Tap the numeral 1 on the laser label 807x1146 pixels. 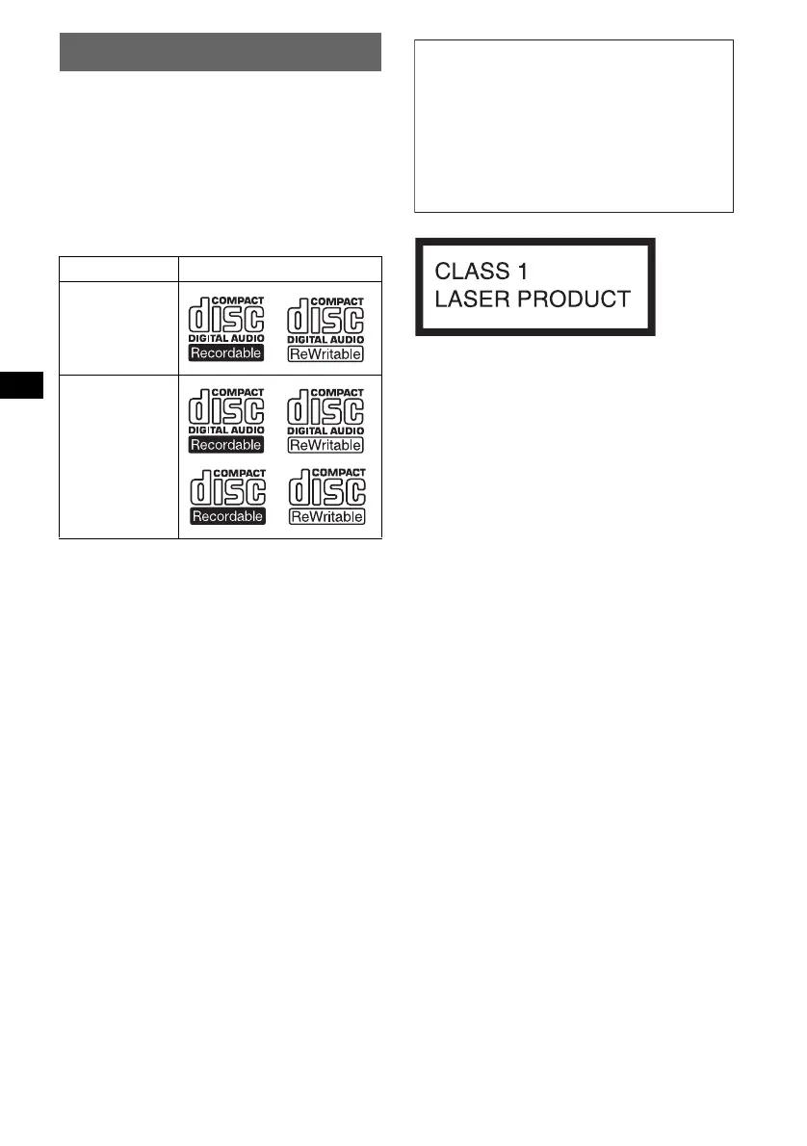[x=519, y=271]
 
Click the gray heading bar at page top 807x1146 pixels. [x=221, y=52]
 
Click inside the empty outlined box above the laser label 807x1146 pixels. [x=574, y=125]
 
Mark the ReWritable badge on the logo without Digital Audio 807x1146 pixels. [x=325, y=517]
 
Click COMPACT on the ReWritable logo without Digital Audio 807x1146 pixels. [x=343, y=472]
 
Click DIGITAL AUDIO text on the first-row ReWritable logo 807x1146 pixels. [x=325, y=340]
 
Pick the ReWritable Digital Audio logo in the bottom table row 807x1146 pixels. [x=325, y=419]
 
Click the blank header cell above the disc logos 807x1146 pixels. [x=280, y=270]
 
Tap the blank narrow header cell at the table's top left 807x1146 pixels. [x=119, y=270]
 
